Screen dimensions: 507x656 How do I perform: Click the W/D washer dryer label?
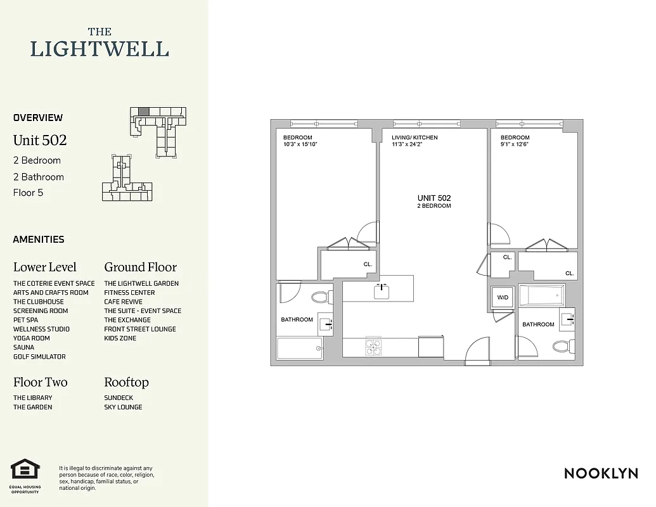tap(502, 297)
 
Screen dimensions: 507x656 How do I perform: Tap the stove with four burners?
tap(374, 347)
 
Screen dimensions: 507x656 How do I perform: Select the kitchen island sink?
tap(381, 291)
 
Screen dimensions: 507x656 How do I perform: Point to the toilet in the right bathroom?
tap(560, 346)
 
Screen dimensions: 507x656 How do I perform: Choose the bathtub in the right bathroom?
tap(541, 295)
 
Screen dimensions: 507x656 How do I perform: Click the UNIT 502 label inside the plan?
tap(434, 198)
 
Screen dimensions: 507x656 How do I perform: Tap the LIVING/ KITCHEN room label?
tap(415, 138)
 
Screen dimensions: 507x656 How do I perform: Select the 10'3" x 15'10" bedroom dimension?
tap(300, 144)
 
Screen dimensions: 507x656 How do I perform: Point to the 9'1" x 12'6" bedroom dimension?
tap(515, 144)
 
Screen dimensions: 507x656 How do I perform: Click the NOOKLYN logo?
tap(600, 473)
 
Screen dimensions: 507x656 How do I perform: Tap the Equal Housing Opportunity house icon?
tap(25, 470)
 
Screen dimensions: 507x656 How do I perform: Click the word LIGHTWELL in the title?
tap(100, 49)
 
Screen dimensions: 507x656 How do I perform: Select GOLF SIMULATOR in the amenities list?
tap(39, 357)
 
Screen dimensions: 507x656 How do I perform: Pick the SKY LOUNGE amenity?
tap(123, 407)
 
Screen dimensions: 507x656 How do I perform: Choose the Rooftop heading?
tap(126, 382)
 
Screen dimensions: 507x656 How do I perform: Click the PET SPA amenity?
tap(25, 320)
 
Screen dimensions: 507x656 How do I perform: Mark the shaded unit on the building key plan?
tap(144, 112)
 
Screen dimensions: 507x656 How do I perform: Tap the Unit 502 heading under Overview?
tap(40, 140)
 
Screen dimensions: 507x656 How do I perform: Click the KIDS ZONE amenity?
tap(120, 338)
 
